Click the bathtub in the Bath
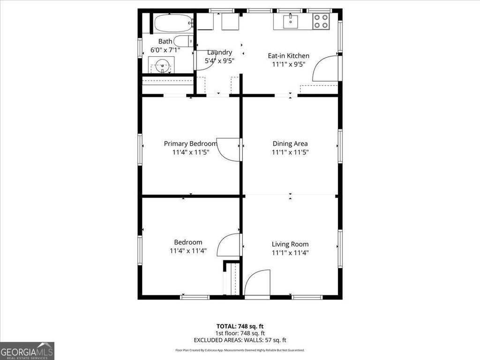(x=173, y=23)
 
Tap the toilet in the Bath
(x=183, y=41)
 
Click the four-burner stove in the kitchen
(x=321, y=22)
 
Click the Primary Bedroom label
(x=190, y=143)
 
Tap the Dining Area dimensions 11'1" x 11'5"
(x=290, y=152)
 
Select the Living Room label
(x=290, y=244)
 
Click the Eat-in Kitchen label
(x=289, y=56)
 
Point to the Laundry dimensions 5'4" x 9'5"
(x=219, y=60)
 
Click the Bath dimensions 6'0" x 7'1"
(x=165, y=50)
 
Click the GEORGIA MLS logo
(x=27, y=351)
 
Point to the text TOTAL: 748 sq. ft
(x=240, y=326)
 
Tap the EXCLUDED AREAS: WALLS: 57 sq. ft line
(x=240, y=340)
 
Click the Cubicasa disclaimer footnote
(x=240, y=350)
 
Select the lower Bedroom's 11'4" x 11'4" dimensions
(x=188, y=251)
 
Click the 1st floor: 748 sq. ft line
(x=240, y=333)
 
